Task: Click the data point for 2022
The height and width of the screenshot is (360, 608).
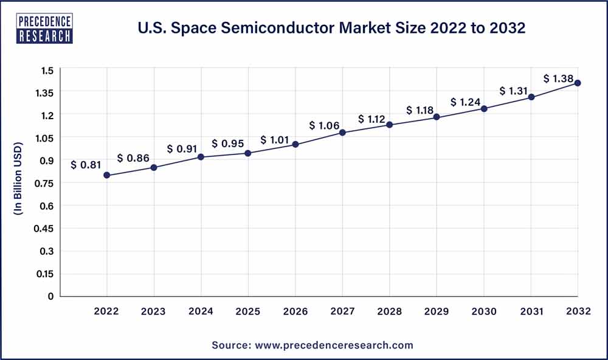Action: click(107, 175)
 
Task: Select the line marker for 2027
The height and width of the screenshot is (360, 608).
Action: click(342, 133)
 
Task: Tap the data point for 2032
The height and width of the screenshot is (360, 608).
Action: click(578, 83)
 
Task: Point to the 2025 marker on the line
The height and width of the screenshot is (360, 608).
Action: click(248, 153)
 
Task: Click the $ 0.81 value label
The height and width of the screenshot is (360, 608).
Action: click(86, 164)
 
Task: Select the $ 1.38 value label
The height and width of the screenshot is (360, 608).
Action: click(559, 78)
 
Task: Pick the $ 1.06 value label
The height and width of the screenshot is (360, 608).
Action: click(325, 125)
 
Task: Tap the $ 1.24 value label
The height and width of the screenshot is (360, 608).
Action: click(466, 102)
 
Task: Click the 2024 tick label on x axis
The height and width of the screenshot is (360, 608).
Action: click(201, 311)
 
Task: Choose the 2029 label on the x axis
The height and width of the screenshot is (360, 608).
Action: click(437, 311)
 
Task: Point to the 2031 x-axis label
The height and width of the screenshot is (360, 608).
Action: click(531, 311)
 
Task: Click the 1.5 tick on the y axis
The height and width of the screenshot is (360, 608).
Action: click(47, 71)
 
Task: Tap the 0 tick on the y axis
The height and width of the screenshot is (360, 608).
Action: click(50, 296)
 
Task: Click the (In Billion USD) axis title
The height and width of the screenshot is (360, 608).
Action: click(18, 179)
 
